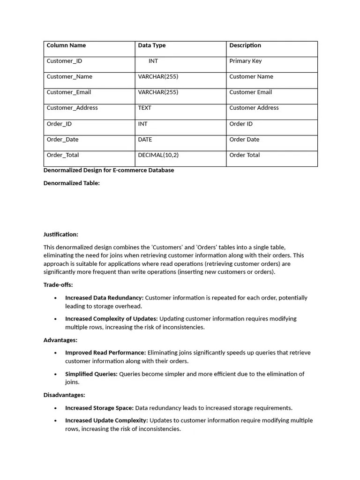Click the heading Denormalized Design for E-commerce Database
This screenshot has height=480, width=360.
click(x=109, y=170)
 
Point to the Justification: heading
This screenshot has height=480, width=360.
click(x=61, y=234)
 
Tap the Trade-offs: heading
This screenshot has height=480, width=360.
click(x=58, y=285)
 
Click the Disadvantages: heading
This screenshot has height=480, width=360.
click(x=64, y=395)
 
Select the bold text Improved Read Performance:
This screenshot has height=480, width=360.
click(x=105, y=352)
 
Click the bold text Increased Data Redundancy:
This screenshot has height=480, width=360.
click(x=104, y=298)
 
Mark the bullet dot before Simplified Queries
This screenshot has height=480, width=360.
click(x=56, y=375)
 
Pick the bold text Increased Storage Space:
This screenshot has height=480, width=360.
click(x=99, y=408)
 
